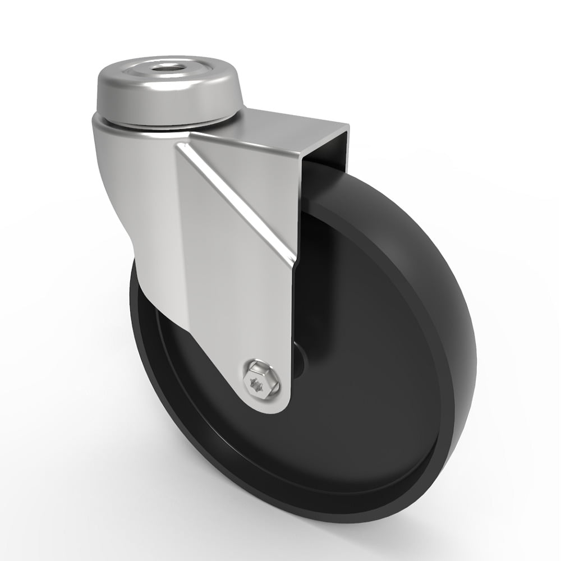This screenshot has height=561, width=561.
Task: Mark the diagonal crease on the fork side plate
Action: (236, 185)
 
